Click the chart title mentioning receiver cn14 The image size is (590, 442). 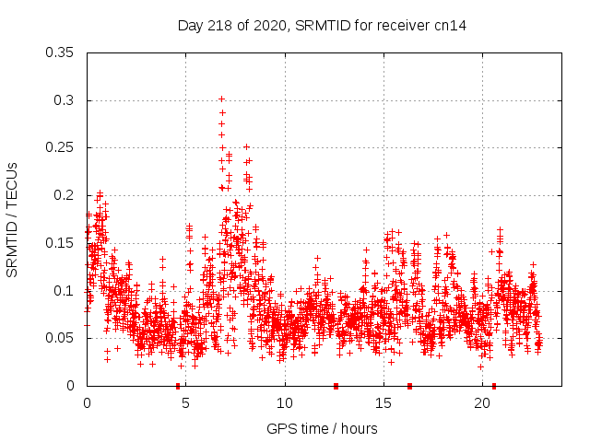tap(322, 26)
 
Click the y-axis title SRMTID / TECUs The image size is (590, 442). tap(12, 219)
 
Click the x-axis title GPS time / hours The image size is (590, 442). tap(322, 429)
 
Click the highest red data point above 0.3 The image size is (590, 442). tap(221, 99)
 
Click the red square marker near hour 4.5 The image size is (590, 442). tap(178, 386)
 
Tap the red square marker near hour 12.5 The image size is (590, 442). tap(336, 386)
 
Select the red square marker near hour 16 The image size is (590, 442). tap(409, 386)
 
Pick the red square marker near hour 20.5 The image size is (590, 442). tap(494, 386)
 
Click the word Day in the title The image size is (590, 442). tap(190, 26)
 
